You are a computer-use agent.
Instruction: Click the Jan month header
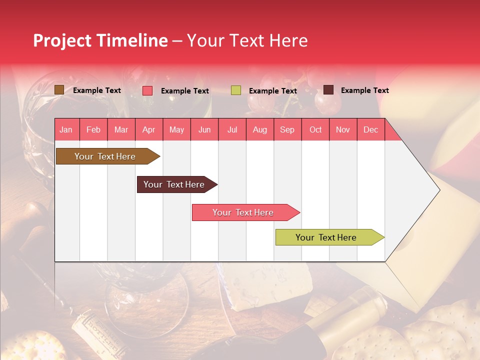[x=66, y=130]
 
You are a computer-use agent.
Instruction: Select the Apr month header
[x=149, y=130]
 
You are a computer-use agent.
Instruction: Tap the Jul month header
[x=232, y=130]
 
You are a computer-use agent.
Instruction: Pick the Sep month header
[x=287, y=130]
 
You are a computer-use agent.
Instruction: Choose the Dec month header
[x=370, y=130]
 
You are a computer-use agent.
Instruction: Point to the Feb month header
[x=93, y=130]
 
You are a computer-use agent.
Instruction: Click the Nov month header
[x=343, y=130]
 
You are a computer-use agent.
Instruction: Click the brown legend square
[x=59, y=90]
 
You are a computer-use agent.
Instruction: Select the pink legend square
[x=147, y=90]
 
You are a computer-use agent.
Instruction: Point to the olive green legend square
[x=236, y=90]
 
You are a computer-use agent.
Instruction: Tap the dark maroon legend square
[x=328, y=90]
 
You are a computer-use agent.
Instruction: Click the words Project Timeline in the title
[x=100, y=40]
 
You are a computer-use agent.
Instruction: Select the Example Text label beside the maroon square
[x=364, y=90]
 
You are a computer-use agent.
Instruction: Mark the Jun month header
[x=204, y=130]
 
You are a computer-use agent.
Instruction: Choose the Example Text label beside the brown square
[x=96, y=90]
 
